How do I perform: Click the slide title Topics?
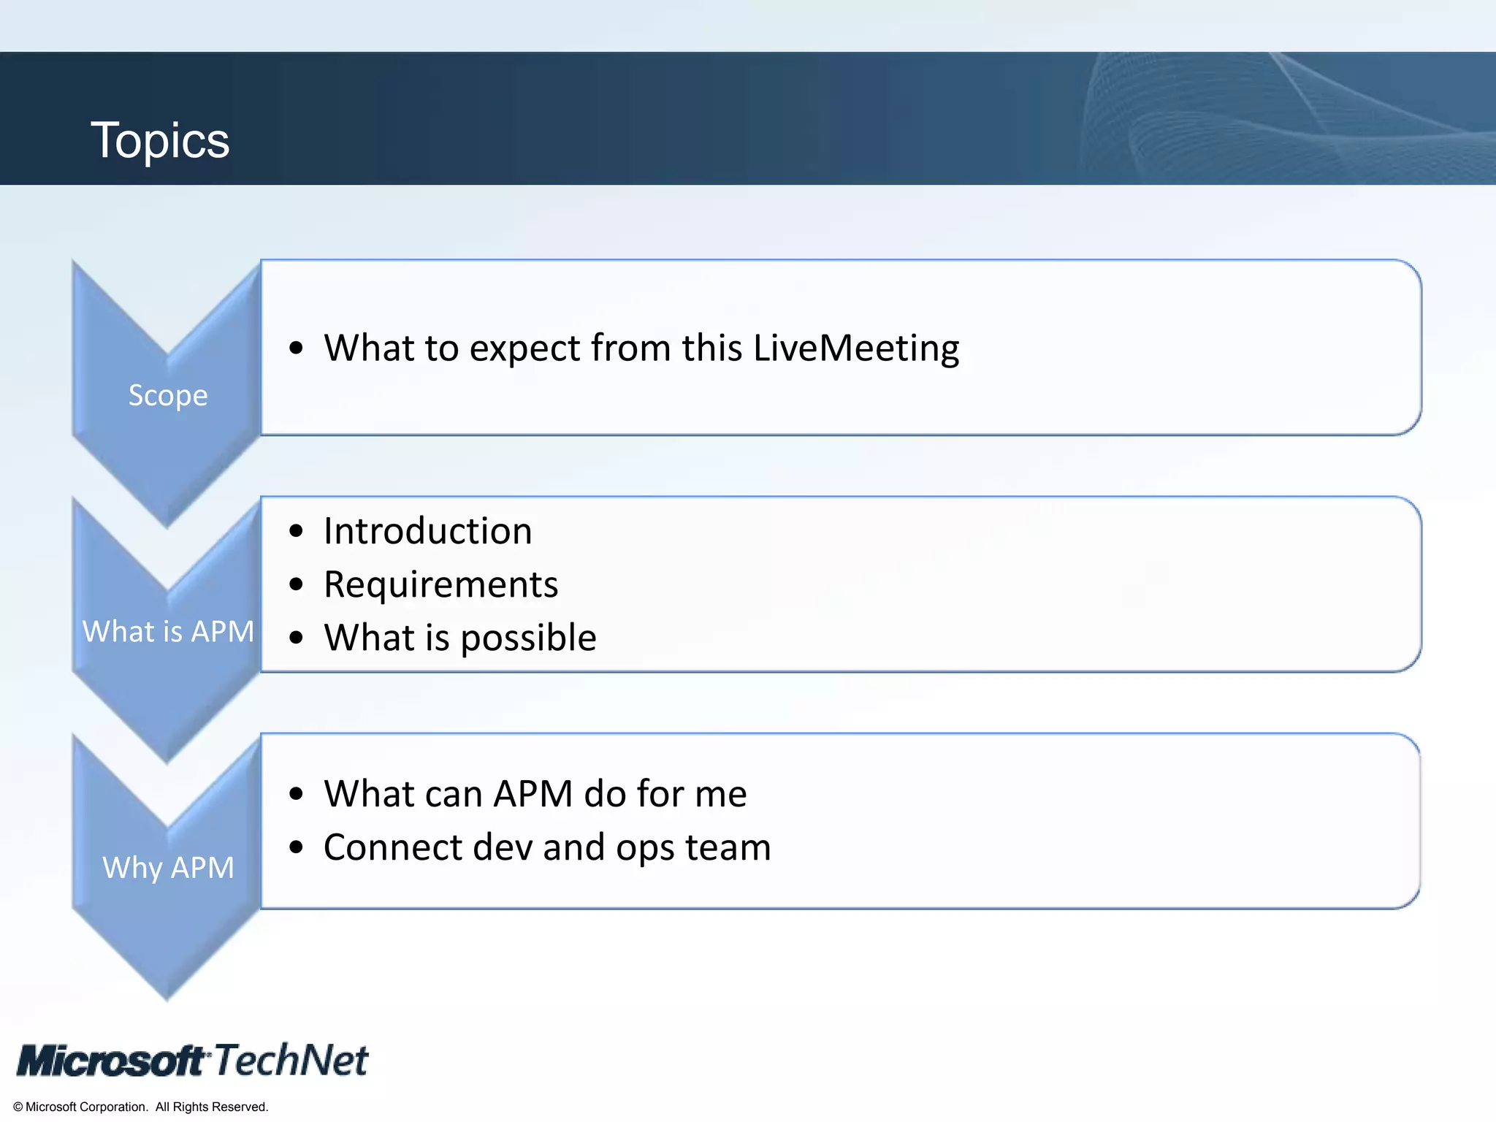pyautogui.click(x=160, y=140)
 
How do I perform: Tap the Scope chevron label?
pyautogui.click(x=168, y=395)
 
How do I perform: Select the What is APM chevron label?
pyautogui.click(x=168, y=631)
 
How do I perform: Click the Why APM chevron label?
pyautogui.click(x=168, y=868)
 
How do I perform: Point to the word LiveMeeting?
pyautogui.click(x=856, y=348)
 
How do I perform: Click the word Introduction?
pyautogui.click(x=427, y=531)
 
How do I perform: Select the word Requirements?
pyautogui.click(x=440, y=584)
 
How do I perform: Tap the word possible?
pyautogui.click(x=528, y=638)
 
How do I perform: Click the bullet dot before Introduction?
pyautogui.click(x=296, y=531)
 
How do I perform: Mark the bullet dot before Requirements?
pyautogui.click(x=296, y=584)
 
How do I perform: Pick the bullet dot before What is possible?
pyautogui.click(x=296, y=638)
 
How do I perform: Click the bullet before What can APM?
pyautogui.click(x=296, y=794)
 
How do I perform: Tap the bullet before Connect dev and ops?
pyautogui.click(x=296, y=847)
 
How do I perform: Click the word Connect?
pyautogui.click(x=392, y=847)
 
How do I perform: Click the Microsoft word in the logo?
pyautogui.click(x=111, y=1061)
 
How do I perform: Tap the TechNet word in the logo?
pyautogui.click(x=291, y=1060)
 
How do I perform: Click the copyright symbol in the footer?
pyautogui.click(x=18, y=1107)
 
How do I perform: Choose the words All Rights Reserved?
pyautogui.click(x=212, y=1107)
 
